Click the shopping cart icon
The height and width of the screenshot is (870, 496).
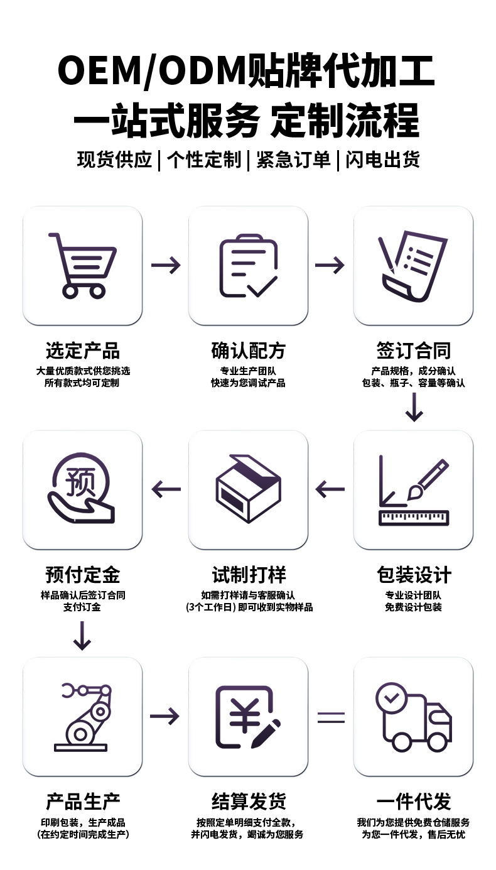tap(82, 265)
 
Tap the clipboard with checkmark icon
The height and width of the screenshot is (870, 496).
tap(248, 265)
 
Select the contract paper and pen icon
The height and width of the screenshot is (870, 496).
tap(412, 265)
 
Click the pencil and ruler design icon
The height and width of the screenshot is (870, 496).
tap(413, 490)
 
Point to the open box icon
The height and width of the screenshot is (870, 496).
tap(248, 489)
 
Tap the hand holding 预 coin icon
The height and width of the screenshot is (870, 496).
tap(82, 489)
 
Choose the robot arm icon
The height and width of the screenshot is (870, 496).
tap(82, 717)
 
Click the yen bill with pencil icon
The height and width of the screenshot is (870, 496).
tap(248, 717)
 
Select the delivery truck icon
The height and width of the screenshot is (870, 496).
tap(413, 717)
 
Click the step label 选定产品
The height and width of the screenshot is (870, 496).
tap(82, 351)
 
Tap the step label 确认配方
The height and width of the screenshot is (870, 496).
tap(248, 351)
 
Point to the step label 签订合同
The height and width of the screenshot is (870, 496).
tap(413, 351)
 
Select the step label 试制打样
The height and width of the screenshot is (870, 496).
tap(249, 575)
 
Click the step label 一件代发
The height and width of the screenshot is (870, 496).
tap(413, 802)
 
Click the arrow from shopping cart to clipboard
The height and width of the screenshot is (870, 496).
tap(166, 265)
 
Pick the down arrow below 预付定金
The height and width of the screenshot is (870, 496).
tap(82, 635)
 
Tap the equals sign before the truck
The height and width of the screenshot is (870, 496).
tap(331, 717)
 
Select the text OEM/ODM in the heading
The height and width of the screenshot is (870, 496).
tap(151, 70)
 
